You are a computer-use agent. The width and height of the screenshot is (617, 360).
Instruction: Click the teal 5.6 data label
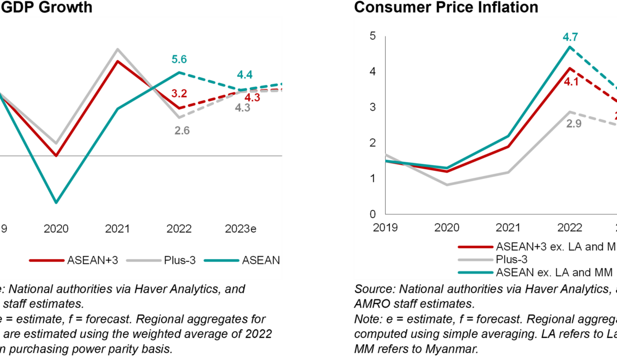179,60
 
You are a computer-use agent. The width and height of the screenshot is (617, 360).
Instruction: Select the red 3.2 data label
179,94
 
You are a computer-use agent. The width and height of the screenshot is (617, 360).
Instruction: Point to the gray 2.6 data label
182,131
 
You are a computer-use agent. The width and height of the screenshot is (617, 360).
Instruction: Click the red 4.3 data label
252,98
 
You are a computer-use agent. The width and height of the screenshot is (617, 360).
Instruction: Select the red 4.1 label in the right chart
571,81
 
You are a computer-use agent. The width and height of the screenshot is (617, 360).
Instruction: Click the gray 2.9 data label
573,124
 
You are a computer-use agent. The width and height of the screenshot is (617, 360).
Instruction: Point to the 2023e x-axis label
240,229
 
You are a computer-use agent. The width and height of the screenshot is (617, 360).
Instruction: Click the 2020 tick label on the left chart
56,229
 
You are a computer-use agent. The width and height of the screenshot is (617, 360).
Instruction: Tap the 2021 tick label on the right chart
507,227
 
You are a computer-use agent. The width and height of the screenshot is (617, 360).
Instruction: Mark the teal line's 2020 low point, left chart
56,203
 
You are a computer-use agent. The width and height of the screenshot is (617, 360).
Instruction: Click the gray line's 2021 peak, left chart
118,49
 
